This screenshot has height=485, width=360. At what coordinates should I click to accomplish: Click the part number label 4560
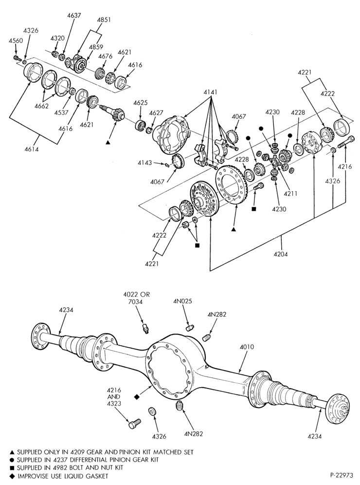click(x=16, y=40)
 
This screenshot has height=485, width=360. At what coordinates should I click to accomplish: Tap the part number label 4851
click(x=104, y=19)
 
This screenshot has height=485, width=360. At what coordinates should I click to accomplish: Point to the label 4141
click(x=211, y=92)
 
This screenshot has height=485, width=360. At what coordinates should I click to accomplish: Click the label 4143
click(x=144, y=163)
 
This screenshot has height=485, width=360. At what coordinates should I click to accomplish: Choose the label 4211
click(x=290, y=194)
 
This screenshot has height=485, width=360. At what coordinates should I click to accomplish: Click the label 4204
click(x=281, y=254)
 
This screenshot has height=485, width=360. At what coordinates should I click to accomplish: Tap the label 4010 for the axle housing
click(x=247, y=347)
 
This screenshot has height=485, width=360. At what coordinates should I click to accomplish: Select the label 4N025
click(x=182, y=301)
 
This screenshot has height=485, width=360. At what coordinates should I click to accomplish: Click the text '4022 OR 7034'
click(x=136, y=298)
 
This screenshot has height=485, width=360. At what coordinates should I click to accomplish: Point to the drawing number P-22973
click(x=341, y=475)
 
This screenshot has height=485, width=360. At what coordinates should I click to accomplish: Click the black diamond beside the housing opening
click(x=137, y=397)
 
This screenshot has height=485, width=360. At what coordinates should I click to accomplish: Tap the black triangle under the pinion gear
click(x=108, y=142)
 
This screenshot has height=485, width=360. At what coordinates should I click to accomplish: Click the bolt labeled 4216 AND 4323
click(x=134, y=424)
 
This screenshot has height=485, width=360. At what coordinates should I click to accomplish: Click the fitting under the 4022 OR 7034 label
click(x=145, y=328)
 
